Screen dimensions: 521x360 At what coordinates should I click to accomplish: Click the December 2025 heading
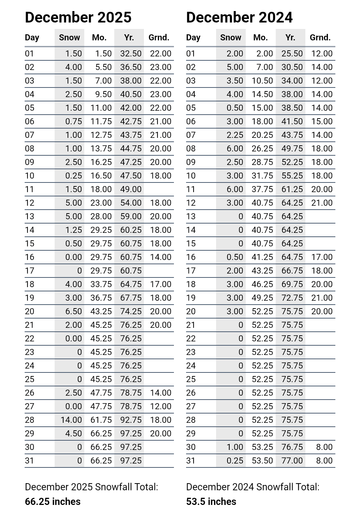coord(78,17)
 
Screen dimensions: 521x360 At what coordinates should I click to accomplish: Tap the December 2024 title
coord(239,17)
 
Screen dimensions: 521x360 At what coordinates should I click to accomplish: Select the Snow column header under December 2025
coord(69,37)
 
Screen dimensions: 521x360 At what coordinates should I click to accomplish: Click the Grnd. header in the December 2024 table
coord(320,37)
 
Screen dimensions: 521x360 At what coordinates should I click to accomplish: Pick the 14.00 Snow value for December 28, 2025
coord(71,420)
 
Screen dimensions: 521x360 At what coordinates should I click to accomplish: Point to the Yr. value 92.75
coord(131,420)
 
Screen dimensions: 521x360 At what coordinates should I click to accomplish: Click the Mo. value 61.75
coord(101,420)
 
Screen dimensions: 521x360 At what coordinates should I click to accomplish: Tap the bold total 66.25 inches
coord(52,502)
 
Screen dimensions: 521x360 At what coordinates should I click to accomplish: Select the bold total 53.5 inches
coord(211,502)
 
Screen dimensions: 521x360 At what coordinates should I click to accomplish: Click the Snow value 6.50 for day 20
coord(74,311)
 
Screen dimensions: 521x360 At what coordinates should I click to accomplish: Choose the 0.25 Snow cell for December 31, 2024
coord(235,461)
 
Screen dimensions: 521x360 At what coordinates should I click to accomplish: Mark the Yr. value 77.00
coord(292,461)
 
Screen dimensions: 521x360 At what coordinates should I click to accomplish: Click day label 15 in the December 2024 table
coord(191,244)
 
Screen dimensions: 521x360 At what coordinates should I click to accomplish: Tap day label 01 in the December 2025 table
coord(30,54)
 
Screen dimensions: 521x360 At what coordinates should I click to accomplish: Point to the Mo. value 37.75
coord(262,189)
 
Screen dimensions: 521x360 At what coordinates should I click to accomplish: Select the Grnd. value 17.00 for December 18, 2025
coord(160,284)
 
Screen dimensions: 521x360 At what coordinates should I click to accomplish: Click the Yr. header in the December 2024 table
coord(290,37)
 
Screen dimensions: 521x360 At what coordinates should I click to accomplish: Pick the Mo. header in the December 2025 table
coord(99,37)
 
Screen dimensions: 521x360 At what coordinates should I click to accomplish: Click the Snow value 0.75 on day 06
coord(74,121)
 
